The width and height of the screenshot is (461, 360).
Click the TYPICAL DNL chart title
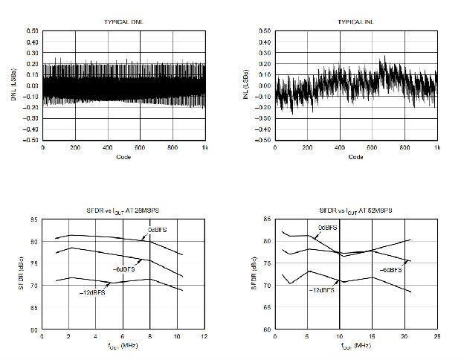[x=123, y=23]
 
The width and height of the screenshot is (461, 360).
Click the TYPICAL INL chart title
[x=355, y=23]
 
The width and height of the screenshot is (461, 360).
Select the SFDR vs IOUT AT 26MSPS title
[x=123, y=213]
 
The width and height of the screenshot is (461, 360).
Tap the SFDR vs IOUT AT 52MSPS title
[x=355, y=213]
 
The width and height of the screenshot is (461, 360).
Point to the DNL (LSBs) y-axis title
[x=13, y=86]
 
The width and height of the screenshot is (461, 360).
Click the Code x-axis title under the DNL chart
[x=123, y=157]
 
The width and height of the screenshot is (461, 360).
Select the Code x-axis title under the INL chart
[x=355, y=157]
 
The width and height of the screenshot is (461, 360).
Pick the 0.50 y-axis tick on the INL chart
[x=264, y=31]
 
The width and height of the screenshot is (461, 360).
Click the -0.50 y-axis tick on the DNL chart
[x=30, y=140]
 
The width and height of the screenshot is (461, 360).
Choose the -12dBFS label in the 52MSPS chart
[x=322, y=290]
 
